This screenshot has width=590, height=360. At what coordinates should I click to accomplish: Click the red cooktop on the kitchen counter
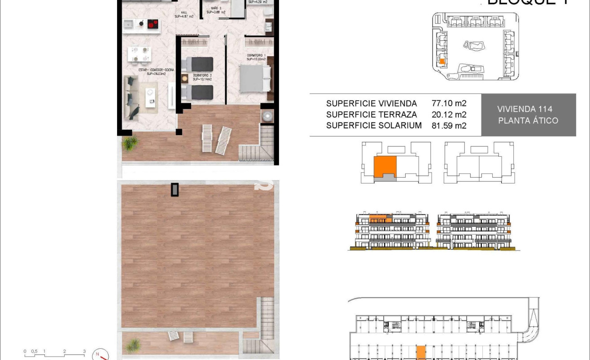153,23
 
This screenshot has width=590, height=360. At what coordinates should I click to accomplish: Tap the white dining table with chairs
139,54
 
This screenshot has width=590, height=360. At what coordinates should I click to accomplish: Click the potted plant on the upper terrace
131,143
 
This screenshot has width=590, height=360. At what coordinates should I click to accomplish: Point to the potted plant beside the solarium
132,345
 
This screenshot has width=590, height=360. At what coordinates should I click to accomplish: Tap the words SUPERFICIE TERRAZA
371,115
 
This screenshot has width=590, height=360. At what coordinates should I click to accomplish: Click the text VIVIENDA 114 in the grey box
524,109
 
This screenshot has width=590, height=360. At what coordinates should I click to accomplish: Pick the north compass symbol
101,355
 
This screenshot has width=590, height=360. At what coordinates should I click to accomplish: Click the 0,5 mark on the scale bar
34,351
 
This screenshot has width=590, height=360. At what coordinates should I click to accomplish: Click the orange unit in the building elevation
378,219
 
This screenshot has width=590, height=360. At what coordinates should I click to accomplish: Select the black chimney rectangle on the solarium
175,189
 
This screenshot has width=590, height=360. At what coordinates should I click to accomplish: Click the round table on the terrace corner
267,116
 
